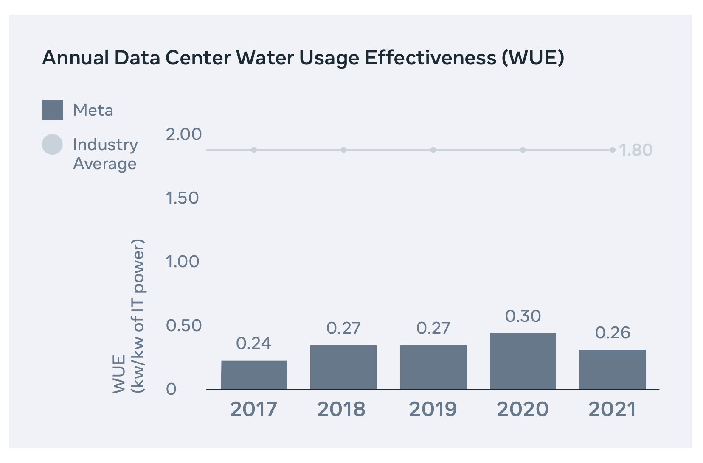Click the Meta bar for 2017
(x=254, y=375)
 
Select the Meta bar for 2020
(x=523, y=361)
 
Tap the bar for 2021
(x=612, y=369)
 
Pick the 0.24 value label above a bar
(x=253, y=343)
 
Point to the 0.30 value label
(x=523, y=316)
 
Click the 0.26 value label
(x=613, y=333)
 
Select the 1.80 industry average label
(x=636, y=150)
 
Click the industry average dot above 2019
(x=433, y=150)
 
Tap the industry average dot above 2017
(x=254, y=150)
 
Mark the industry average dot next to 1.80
(x=612, y=150)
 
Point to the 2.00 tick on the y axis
(x=183, y=134)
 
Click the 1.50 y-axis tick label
(x=182, y=198)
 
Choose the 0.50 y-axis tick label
(x=183, y=326)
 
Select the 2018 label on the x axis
(x=341, y=409)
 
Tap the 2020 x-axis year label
(x=523, y=409)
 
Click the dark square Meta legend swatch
(x=52, y=110)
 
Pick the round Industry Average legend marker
(x=52, y=145)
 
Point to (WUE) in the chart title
(x=533, y=58)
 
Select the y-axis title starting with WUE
(x=129, y=316)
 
